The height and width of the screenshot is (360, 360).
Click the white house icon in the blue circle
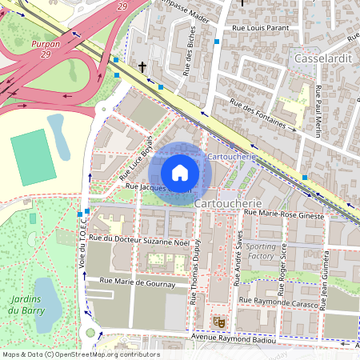[180, 172]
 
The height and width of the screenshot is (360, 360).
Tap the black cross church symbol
[143, 67]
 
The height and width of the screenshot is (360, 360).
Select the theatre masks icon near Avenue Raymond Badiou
[218, 322]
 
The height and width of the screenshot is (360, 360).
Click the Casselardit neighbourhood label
[324, 59]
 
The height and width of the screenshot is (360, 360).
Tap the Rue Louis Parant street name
[259, 30]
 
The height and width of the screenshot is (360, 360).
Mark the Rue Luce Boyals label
[135, 157]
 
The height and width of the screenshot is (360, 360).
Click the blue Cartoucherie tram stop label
[231, 157]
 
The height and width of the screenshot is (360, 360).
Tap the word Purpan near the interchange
[46, 45]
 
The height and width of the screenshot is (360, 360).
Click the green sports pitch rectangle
[33, 157]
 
